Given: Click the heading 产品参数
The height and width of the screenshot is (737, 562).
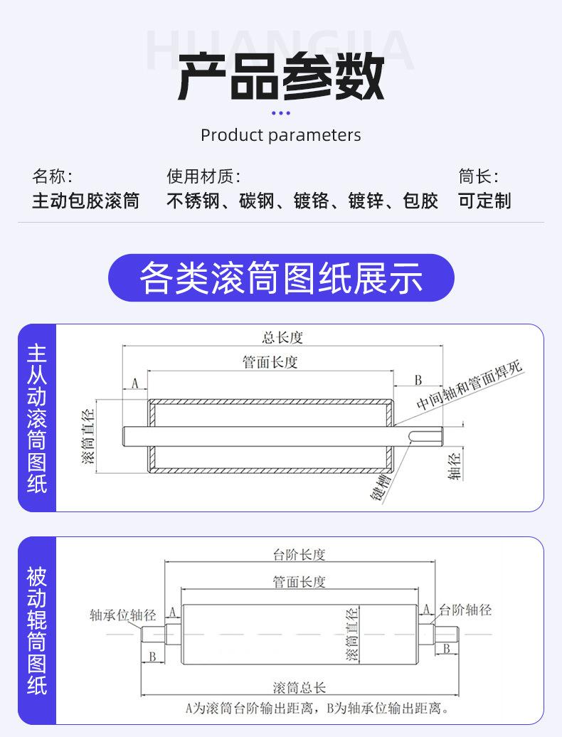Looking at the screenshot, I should (x=280, y=76).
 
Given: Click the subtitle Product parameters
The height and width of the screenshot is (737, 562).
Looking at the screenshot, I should (x=280, y=135).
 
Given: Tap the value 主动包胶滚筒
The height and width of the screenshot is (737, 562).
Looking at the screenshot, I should (x=85, y=201).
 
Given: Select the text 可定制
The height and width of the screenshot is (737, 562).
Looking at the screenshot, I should (x=484, y=201).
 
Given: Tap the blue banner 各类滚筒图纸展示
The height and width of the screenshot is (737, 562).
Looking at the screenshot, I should (x=280, y=277).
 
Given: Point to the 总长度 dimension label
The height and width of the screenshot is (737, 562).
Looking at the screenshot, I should (x=282, y=338).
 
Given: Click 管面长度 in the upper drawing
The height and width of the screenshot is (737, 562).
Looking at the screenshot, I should (x=270, y=362).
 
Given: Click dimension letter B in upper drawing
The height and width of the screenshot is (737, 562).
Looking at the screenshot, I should (x=418, y=380).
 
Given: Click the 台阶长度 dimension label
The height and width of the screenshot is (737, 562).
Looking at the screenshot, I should (x=299, y=555).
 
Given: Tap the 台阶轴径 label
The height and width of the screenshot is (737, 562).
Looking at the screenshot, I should (x=465, y=610).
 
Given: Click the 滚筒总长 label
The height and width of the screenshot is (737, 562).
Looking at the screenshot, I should (x=299, y=688).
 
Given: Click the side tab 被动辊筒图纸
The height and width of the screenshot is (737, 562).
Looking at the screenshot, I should (x=37, y=630).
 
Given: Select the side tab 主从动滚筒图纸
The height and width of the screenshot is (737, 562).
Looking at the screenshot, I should (x=37, y=418).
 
